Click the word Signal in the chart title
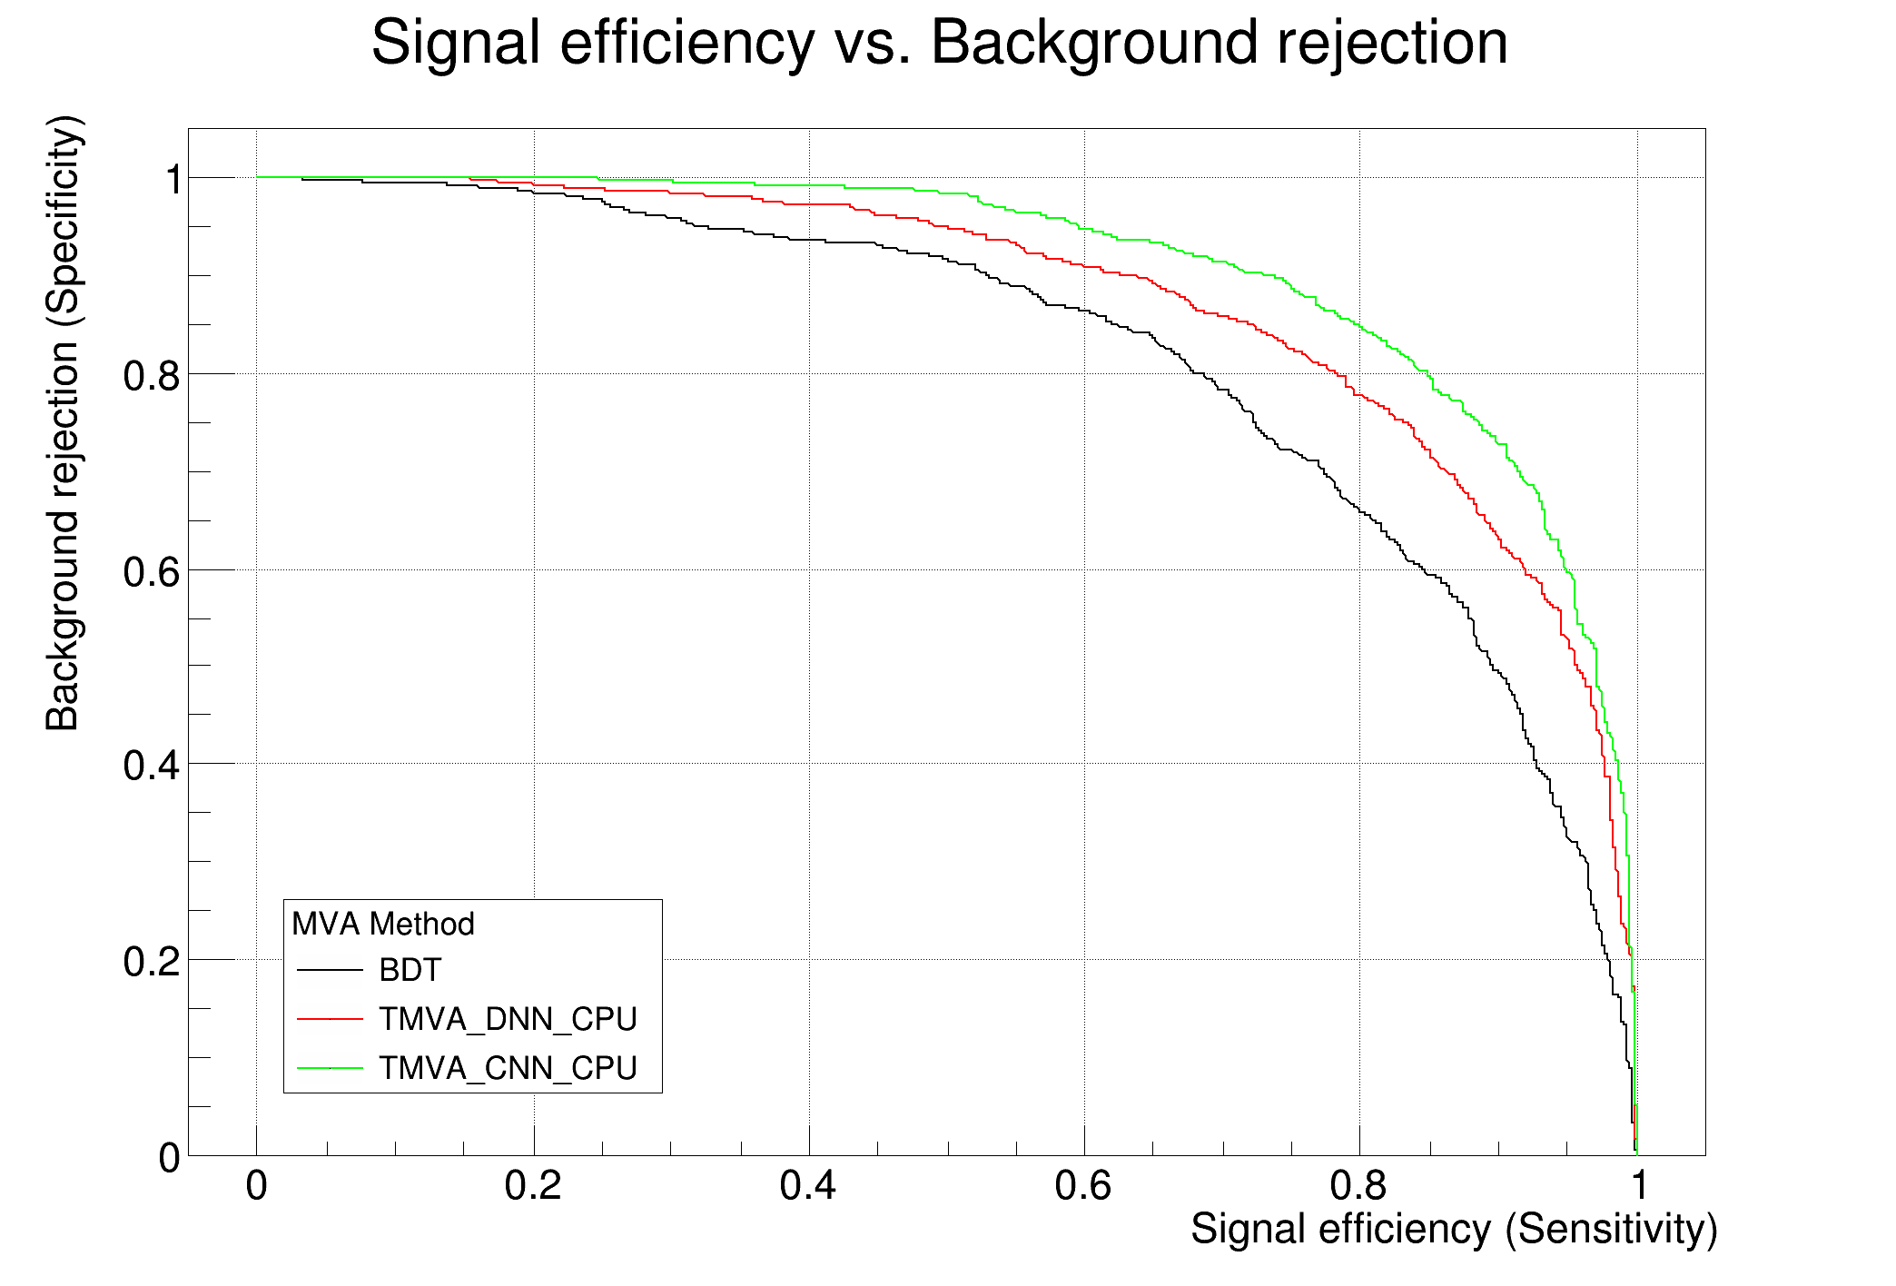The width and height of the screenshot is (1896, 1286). (x=458, y=43)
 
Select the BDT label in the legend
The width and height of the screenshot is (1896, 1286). (x=410, y=971)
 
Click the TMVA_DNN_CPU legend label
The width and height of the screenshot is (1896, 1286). (x=508, y=1020)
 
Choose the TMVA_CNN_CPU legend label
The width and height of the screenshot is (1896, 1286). (x=508, y=1068)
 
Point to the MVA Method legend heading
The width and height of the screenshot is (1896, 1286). (x=383, y=925)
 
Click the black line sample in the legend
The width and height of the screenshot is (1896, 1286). (x=330, y=971)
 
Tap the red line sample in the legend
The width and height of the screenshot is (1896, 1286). (x=330, y=1020)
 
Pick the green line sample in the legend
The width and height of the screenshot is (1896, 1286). (x=330, y=1068)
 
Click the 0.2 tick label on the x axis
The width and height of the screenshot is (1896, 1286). (x=533, y=1187)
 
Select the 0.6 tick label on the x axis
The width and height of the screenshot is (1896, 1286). (x=1083, y=1187)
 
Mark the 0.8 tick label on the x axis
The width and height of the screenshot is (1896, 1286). (x=1359, y=1187)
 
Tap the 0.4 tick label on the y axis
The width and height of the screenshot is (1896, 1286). (x=152, y=766)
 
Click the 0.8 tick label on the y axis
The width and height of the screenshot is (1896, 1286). (x=152, y=375)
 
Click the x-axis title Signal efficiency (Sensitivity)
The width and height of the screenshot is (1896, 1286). (x=1454, y=1230)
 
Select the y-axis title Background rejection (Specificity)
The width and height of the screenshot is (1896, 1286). (x=64, y=423)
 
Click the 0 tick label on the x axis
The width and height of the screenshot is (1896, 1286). (x=257, y=1187)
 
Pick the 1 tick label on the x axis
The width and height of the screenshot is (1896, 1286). (x=1637, y=1187)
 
